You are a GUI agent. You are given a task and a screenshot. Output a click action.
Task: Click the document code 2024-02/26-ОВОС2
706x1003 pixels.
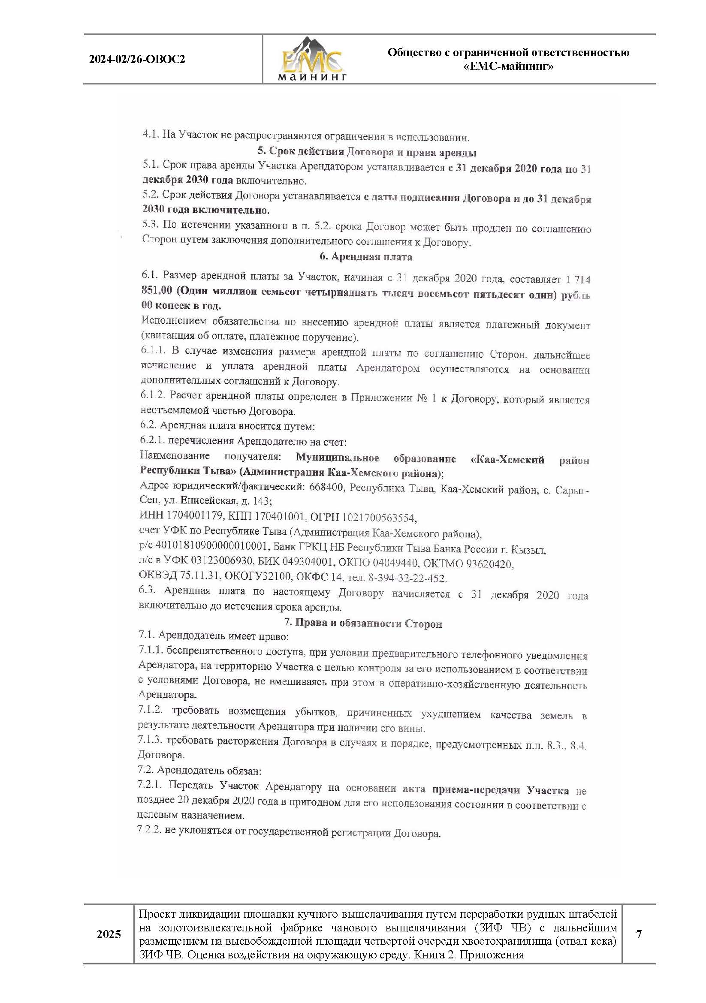point(137,60)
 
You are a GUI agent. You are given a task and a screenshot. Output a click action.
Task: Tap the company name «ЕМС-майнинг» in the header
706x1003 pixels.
point(508,67)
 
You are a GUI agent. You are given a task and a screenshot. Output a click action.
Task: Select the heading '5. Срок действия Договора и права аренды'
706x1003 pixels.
point(367,152)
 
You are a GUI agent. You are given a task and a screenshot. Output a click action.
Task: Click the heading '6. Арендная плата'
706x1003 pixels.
point(366,257)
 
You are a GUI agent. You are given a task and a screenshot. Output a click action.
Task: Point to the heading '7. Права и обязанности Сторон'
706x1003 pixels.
point(363,623)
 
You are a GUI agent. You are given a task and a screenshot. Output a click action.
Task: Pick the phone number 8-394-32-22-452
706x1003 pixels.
point(407,578)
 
